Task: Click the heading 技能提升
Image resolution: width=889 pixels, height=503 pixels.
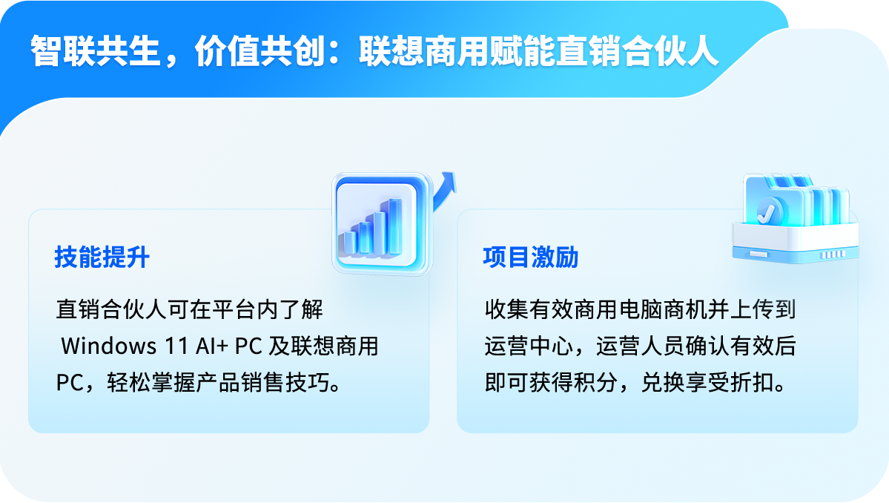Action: click(102, 257)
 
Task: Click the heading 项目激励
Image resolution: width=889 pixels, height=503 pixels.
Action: click(531, 257)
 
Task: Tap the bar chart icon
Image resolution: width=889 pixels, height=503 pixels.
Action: click(381, 223)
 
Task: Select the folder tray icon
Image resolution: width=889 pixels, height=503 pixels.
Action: click(795, 219)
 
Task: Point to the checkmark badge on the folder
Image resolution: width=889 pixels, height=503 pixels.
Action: click(769, 212)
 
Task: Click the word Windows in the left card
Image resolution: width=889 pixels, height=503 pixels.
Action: click(108, 346)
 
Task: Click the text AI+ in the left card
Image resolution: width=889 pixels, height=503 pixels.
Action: click(211, 346)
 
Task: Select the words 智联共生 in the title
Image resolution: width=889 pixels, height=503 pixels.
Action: click(95, 51)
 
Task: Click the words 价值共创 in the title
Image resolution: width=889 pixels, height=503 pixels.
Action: click(260, 51)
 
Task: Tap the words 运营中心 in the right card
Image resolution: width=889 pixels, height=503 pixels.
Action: click(529, 346)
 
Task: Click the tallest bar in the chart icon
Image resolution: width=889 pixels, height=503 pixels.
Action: click(393, 226)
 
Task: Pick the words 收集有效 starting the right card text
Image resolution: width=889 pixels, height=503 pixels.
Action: click(529, 309)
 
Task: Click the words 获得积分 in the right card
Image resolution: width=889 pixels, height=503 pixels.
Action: click(573, 383)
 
